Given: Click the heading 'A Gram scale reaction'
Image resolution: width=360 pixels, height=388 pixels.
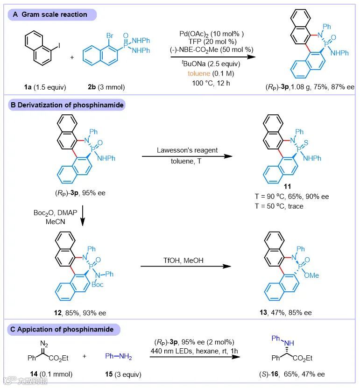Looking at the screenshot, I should pos(49,14).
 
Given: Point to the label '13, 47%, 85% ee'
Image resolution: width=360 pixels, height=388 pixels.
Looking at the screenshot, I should pos(284,312).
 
